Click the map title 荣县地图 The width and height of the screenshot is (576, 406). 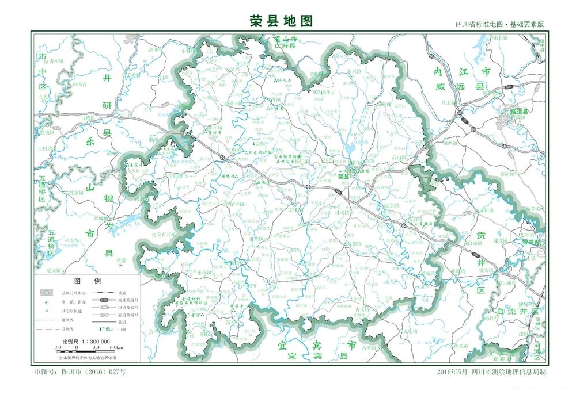[281, 21]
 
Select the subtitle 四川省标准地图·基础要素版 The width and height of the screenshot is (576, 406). [499, 25]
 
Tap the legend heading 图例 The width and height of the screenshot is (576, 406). [88, 281]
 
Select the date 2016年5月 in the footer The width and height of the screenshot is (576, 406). [453, 372]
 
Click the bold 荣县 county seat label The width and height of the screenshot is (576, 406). [344, 177]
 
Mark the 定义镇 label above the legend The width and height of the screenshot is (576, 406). [53, 270]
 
